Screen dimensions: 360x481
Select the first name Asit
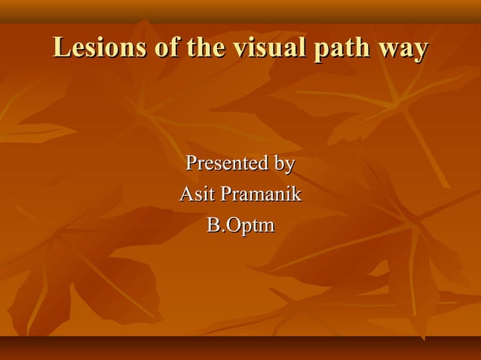click(195, 194)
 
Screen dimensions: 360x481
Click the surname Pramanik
click(259, 194)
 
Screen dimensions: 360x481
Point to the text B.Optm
click(240, 226)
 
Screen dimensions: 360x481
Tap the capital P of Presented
click(191, 163)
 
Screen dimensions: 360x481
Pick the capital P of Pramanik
click(223, 194)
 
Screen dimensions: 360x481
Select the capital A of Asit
click(185, 194)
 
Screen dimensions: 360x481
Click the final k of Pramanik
click(296, 194)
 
